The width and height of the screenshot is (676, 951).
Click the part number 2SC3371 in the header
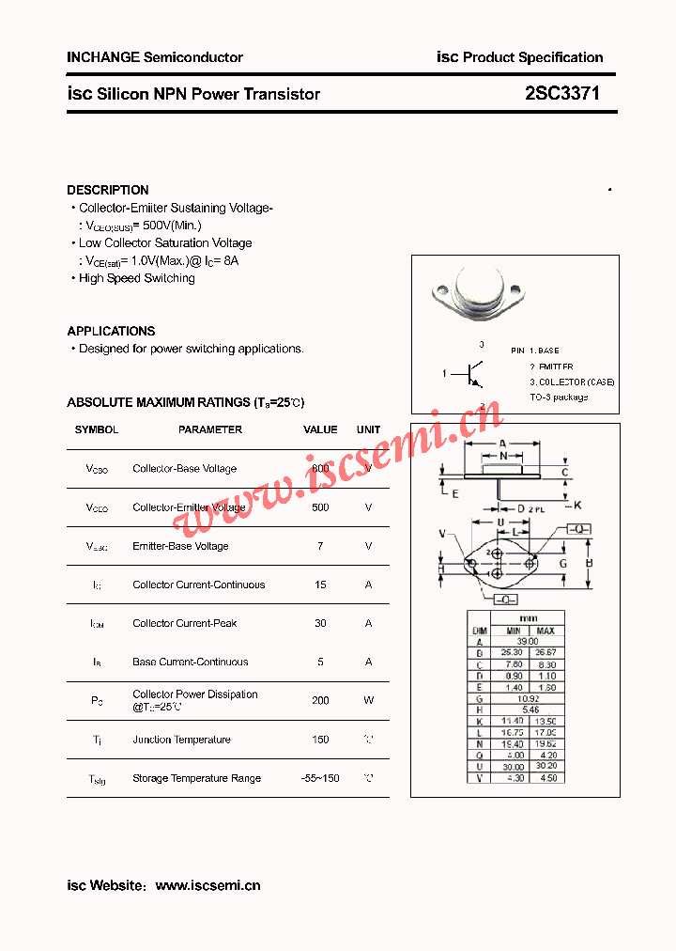coord(562,94)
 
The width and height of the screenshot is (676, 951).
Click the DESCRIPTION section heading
coord(108,190)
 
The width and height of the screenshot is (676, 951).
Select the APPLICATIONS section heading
coord(111,331)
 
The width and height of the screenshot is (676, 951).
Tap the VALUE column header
coord(320,429)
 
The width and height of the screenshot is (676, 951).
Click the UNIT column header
coord(368,429)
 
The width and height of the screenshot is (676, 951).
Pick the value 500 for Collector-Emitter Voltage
coord(320,507)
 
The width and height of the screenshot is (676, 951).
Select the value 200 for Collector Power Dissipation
coord(320,700)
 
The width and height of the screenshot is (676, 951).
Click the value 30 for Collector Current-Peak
coord(320,623)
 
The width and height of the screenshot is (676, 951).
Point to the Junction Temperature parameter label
coord(181,740)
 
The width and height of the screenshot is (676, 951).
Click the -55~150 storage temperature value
coord(320,778)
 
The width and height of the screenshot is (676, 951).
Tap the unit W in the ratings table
coord(368,700)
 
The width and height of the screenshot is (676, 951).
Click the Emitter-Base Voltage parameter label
coord(180,546)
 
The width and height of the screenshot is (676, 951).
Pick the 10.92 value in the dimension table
coord(529,699)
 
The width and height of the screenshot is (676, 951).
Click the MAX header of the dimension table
coord(546,631)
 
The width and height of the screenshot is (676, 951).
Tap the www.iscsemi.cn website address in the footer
coord(207,885)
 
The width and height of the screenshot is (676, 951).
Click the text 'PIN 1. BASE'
coord(535,351)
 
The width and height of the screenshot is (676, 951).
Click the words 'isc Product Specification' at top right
coord(520,57)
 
